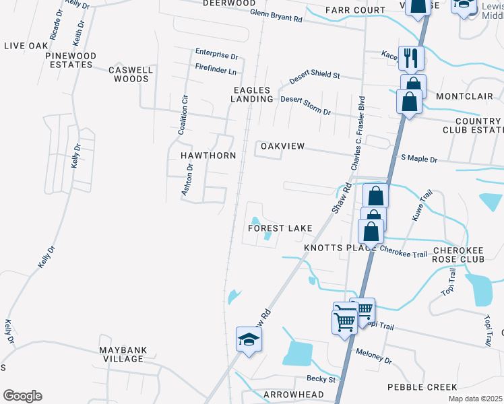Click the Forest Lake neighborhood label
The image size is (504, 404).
(x=280, y=228)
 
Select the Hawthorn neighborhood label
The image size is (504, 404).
(x=208, y=156)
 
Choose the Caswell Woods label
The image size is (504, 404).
(x=131, y=74)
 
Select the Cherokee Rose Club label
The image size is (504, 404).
(x=464, y=255)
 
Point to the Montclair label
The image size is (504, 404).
(x=464, y=96)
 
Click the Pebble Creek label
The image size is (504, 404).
(x=422, y=387)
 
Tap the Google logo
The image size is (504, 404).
(x=22, y=396)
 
